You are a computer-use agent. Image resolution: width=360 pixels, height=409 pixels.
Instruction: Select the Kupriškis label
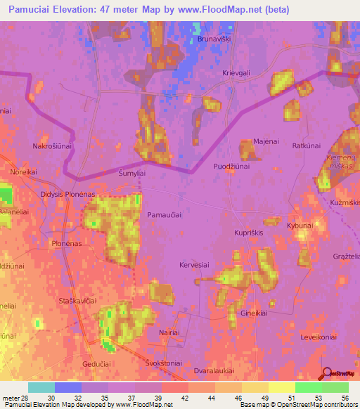[250, 231]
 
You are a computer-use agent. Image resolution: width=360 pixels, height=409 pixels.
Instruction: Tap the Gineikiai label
[255, 313]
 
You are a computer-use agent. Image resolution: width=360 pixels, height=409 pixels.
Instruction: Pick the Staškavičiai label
[76, 300]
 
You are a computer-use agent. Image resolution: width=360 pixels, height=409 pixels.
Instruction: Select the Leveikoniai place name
[320, 337]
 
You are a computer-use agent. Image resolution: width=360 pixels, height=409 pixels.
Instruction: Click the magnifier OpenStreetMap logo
[326, 372]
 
